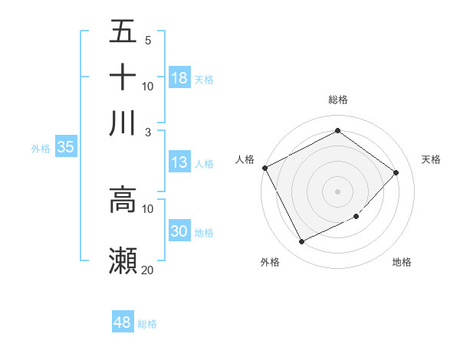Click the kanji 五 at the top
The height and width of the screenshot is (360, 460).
123,31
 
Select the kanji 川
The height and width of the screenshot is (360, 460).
123,123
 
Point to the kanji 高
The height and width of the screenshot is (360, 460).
123,201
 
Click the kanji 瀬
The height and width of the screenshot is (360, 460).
123,260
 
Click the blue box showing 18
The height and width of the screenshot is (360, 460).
179,77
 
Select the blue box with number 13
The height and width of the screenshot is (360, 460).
179,162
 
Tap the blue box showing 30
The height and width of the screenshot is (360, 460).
179,231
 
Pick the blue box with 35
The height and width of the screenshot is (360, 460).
65,148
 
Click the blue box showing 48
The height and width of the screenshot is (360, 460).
123,322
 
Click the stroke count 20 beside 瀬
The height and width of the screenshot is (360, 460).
148,270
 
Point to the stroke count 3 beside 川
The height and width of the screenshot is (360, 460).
148,132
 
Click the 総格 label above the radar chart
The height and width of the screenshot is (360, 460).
338,100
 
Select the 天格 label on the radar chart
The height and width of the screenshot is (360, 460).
432,159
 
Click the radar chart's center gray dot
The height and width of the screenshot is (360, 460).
337,191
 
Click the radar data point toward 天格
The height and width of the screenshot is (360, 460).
396,172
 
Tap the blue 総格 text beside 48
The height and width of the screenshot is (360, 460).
147,324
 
